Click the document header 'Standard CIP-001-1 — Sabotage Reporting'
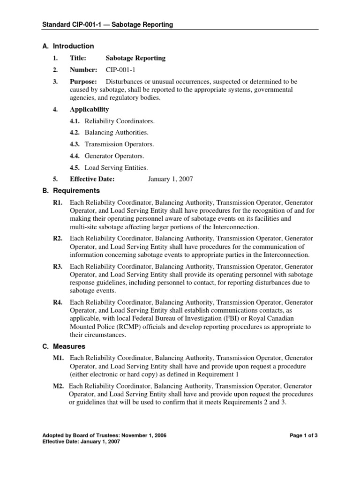107,24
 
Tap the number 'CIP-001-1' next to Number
120,70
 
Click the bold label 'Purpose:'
83,82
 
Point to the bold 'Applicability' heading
89,109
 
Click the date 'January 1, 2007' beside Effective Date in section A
170,179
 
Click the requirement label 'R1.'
58,203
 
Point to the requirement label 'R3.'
58,266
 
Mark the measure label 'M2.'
59,386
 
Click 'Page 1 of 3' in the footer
304,435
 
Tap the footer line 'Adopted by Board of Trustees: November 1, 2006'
104,435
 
